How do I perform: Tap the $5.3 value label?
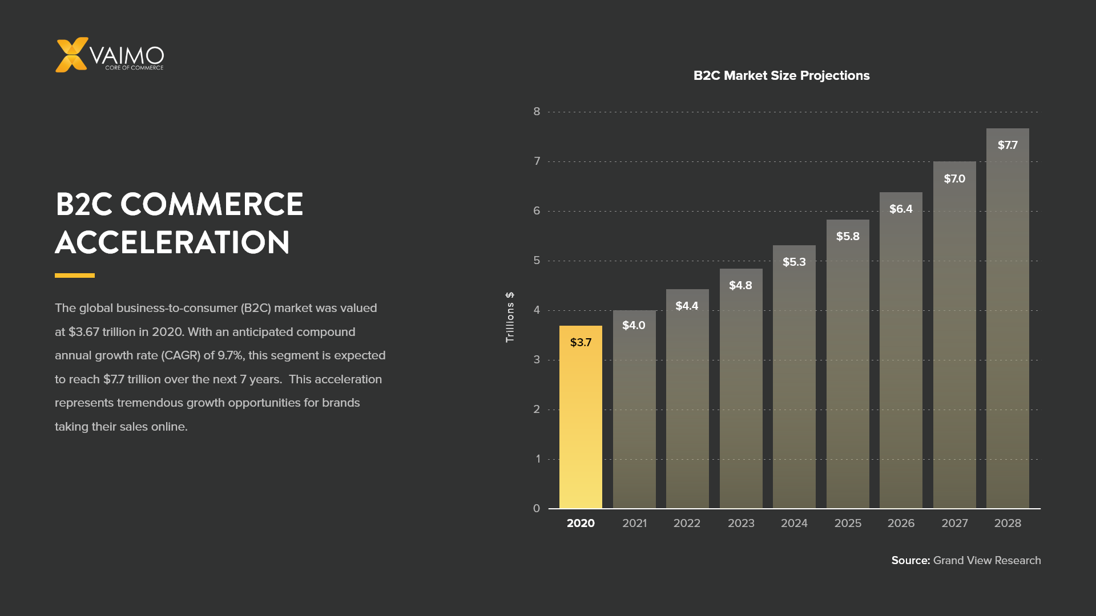pyautogui.click(x=794, y=262)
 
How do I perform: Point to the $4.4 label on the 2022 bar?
pyautogui.click(x=687, y=306)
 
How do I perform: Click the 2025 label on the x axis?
pyautogui.click(x=848, y=523)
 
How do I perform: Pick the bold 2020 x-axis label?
pyautogui.click(x=581, y=523)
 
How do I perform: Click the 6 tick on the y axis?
pyautogui.click(x=537, y=211)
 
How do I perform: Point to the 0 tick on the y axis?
pyautogui.click(x=537, y=508)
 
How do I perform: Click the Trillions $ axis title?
pyautogui.click(x=510, y=317)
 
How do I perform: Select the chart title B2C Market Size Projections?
pyautogui.click(x=781, y=76)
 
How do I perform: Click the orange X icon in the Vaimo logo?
pyautogui.click(x=71, y=55)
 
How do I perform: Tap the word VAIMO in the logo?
pyautogui.click(x=127, y=55)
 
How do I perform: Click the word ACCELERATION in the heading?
pyautogui.click(x=172, y=242)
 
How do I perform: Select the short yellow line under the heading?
pyautogui.click(x=75, y=275)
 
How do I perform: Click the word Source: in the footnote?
pyautogui.click(x=910, y=561)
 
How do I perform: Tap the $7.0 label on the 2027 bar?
pyautogui.click(x=954, y=179)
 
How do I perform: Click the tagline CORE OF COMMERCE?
pyautogui.click(x=134, y=68)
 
